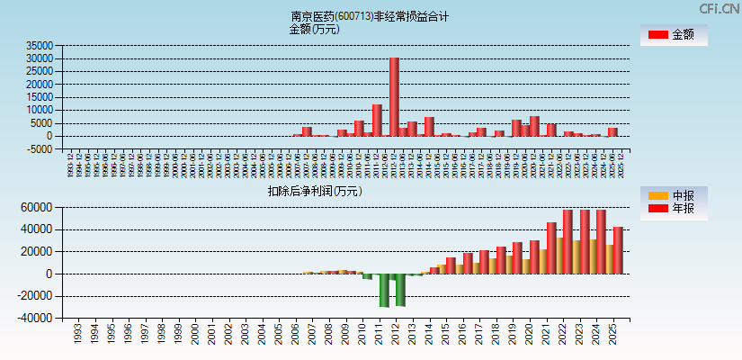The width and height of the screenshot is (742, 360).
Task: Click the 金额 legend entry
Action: click(674, 34)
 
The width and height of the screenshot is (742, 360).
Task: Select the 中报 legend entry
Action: click(674, 195)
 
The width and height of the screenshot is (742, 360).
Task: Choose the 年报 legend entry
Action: click(674, 209)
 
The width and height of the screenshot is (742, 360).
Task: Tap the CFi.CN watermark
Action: click(719, 8)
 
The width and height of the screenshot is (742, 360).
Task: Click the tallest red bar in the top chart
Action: click(394, 96)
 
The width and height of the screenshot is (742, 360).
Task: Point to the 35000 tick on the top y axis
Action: click(40, 46)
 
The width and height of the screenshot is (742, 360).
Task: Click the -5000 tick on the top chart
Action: click(40, 149)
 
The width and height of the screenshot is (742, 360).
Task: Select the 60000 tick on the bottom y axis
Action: click(40, 207)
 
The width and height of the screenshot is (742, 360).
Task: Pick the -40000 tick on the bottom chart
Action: click(37, 318)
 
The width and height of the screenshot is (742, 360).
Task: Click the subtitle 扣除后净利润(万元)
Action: click(315, 191)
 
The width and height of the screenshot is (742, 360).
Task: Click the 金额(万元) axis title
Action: click(314, 29)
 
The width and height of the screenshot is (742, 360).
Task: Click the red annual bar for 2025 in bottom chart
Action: click(618, 250)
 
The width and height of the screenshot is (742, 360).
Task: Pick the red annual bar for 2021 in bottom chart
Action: click(551, 247)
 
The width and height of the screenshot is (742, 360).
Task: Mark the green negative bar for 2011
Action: click(384, 290)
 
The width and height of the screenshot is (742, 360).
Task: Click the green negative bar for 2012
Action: click(401, 290)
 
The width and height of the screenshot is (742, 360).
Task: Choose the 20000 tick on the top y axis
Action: click(40, 85)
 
